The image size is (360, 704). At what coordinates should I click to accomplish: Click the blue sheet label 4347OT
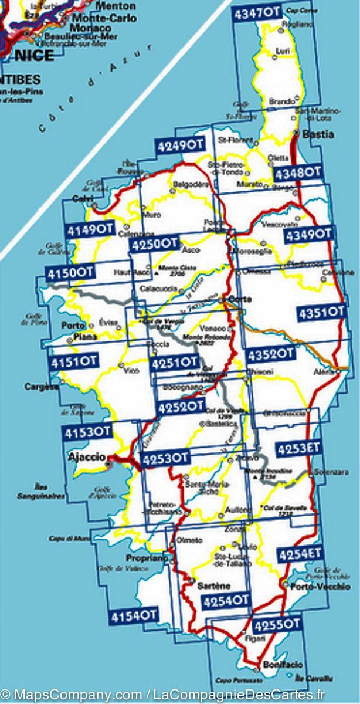(256, 13)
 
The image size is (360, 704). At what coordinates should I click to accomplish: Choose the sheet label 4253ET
(299, 449)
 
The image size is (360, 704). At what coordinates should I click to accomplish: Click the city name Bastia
(319, 134)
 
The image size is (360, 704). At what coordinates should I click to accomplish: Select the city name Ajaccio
(87, 457)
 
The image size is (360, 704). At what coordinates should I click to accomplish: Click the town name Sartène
(215, 585)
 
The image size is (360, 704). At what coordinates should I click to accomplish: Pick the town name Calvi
(83, 198)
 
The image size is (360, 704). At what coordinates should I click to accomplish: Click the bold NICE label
(34, 56)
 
